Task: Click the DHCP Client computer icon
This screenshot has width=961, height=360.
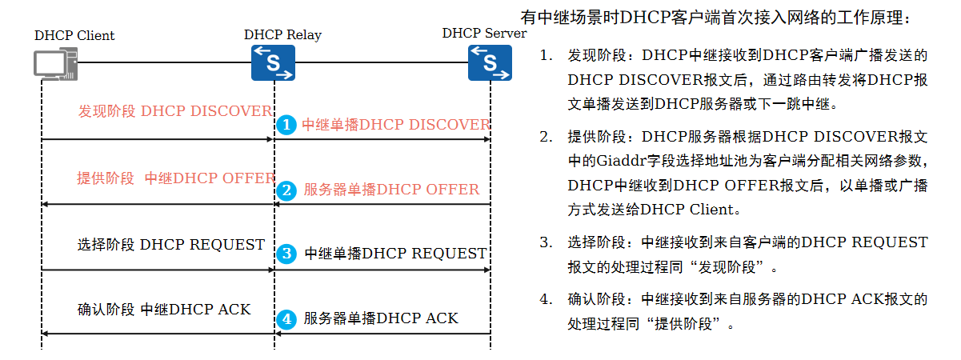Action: click(x=55, y=64)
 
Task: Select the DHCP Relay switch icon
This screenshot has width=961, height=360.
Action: click(x=274, y=62)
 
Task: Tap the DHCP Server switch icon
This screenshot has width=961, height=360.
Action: click(x=490, y=62)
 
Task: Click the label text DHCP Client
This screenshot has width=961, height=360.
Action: click(x=74, y=36)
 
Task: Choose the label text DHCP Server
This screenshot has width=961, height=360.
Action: click(x=484, y=34)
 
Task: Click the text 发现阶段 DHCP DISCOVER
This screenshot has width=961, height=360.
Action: click(x=174, y=111)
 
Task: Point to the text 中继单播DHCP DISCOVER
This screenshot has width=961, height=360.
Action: click(x=395, y=126)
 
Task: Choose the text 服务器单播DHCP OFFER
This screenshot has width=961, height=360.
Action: click(x=391, y=190)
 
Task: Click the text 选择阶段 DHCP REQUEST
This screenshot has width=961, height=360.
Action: click(x=170, y=245)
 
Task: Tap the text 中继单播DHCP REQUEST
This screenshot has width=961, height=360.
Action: click(x=395, y=254)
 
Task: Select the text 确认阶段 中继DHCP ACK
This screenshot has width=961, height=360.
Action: click(x=164, y=309)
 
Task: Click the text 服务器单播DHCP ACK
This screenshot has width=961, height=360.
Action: click(x=381, y=318)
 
